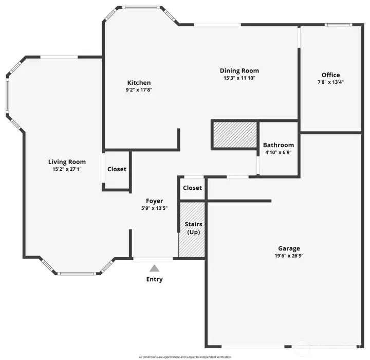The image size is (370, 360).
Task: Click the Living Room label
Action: coord(67,162)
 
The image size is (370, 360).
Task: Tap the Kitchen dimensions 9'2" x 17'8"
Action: coord(139,90)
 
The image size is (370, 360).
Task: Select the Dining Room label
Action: coord(239,70)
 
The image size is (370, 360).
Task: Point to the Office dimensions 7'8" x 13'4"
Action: coord(330,82)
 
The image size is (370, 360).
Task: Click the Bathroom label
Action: coord(279,145)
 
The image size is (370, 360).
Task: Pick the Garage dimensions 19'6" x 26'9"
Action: coord(289,256)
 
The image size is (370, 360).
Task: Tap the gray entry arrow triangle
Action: coord(154,268)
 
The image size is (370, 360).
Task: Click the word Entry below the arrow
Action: coord(154,279)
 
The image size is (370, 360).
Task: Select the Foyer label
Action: coord(154,201)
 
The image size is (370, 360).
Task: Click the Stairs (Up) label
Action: coord(194,228)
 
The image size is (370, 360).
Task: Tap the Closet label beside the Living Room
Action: coord(117,169)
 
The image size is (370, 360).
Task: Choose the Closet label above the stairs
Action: coord(192,188)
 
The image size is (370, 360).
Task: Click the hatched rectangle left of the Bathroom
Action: coord(235,135)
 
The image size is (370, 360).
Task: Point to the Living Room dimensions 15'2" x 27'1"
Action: coord(67,169)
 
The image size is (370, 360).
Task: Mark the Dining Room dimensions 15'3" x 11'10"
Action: coord(239,78)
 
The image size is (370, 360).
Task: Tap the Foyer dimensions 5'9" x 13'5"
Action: coord(154,208)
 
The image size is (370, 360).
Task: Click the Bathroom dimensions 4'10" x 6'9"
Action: coord(279,152)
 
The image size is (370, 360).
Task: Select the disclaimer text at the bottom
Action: coord(185,357)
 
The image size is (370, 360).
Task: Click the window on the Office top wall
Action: coord(338,25)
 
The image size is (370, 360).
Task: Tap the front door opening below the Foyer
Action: coord(153,259)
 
